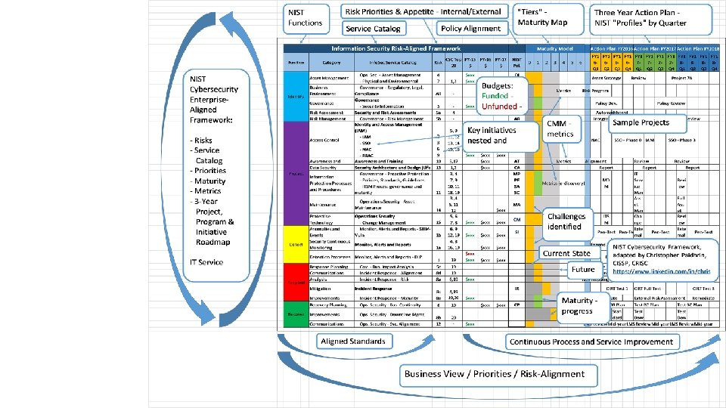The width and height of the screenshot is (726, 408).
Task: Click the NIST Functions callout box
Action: (x=305, y=17)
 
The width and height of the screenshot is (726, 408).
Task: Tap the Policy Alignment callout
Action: (x=470, y=29)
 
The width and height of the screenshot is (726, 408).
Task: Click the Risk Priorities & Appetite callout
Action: (x=424, y=11)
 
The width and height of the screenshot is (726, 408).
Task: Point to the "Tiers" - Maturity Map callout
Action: (x=542, y=17)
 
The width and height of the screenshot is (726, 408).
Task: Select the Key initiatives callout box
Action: (x=499, y=135)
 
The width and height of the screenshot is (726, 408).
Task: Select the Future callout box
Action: (x=582, y=269)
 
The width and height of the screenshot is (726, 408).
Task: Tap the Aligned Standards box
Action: (x=354, y=342)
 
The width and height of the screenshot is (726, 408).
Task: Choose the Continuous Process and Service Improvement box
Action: (x=591, y=342)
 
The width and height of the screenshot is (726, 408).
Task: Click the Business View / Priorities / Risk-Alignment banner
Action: (x=495, y=374)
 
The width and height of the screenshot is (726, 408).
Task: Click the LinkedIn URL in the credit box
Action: (x=662, y=270)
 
